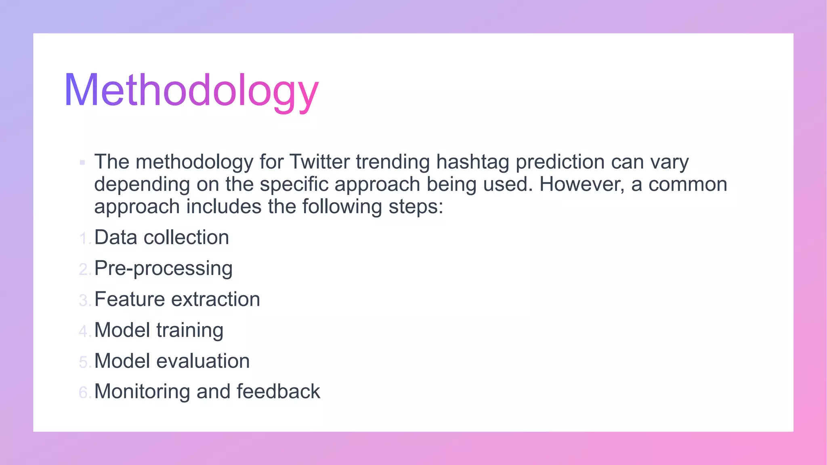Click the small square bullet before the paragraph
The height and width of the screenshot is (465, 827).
(82, 163)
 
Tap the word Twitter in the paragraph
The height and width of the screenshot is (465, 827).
(320, 162)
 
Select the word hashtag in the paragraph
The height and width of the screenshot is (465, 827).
(472, 162)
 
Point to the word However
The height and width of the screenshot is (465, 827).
(582, 184)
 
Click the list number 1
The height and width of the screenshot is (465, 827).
(84, 239)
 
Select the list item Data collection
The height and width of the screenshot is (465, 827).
(162, 237)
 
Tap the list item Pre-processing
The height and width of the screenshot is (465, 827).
(163, 268)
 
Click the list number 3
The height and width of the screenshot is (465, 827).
(84, 300)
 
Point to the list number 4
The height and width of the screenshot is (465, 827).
(84, 331)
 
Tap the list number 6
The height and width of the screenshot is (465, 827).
(84, 393)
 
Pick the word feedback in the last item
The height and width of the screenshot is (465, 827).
(278, 392)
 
